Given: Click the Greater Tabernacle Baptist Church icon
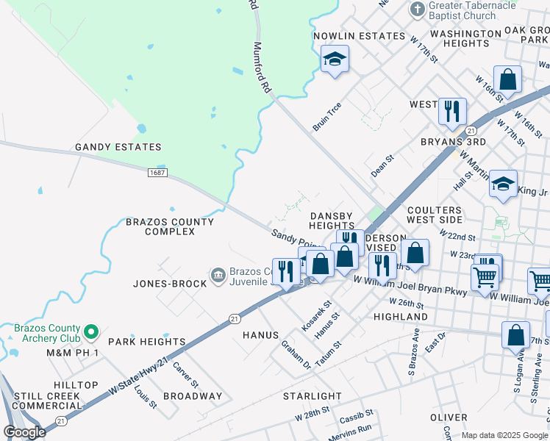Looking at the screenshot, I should [x=417, y=10].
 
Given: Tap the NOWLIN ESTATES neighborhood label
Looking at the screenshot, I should [x=359, y=36].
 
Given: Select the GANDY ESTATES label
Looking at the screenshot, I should [x=118, y=147].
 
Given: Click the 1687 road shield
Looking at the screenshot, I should [x=157, y=173].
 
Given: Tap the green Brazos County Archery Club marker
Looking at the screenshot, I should [x=91, y=333].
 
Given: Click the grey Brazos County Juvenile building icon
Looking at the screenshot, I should [x=218, y=276].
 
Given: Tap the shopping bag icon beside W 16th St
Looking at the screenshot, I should [x=507, y=79].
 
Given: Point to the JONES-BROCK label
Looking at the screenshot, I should [x=170, y=283].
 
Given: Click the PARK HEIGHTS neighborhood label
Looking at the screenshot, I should [x=147, y=342].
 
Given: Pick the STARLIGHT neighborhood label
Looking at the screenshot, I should [x=312, y=396].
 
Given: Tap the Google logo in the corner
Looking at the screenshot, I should [x=25, y=432].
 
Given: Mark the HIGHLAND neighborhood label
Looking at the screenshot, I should [x=401, y=317].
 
